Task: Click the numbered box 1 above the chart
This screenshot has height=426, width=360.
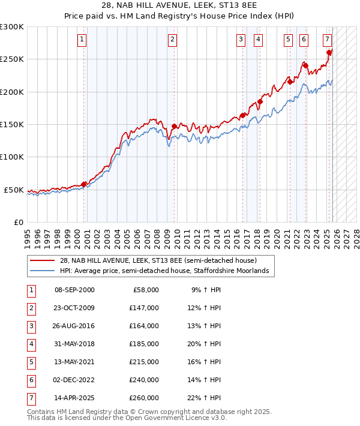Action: coord(82,40)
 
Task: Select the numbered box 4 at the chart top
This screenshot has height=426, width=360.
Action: coord(258,40)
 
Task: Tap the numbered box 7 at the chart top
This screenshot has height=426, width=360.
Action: coord(327,40)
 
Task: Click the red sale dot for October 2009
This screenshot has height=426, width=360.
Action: coord(174,127)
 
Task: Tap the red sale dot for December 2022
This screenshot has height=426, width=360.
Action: coord(305,65)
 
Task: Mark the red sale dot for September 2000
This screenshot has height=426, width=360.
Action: coord(83,184)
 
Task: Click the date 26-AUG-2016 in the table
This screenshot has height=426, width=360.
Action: coord(74,326)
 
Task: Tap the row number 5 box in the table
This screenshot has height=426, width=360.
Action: coord(31,362)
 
